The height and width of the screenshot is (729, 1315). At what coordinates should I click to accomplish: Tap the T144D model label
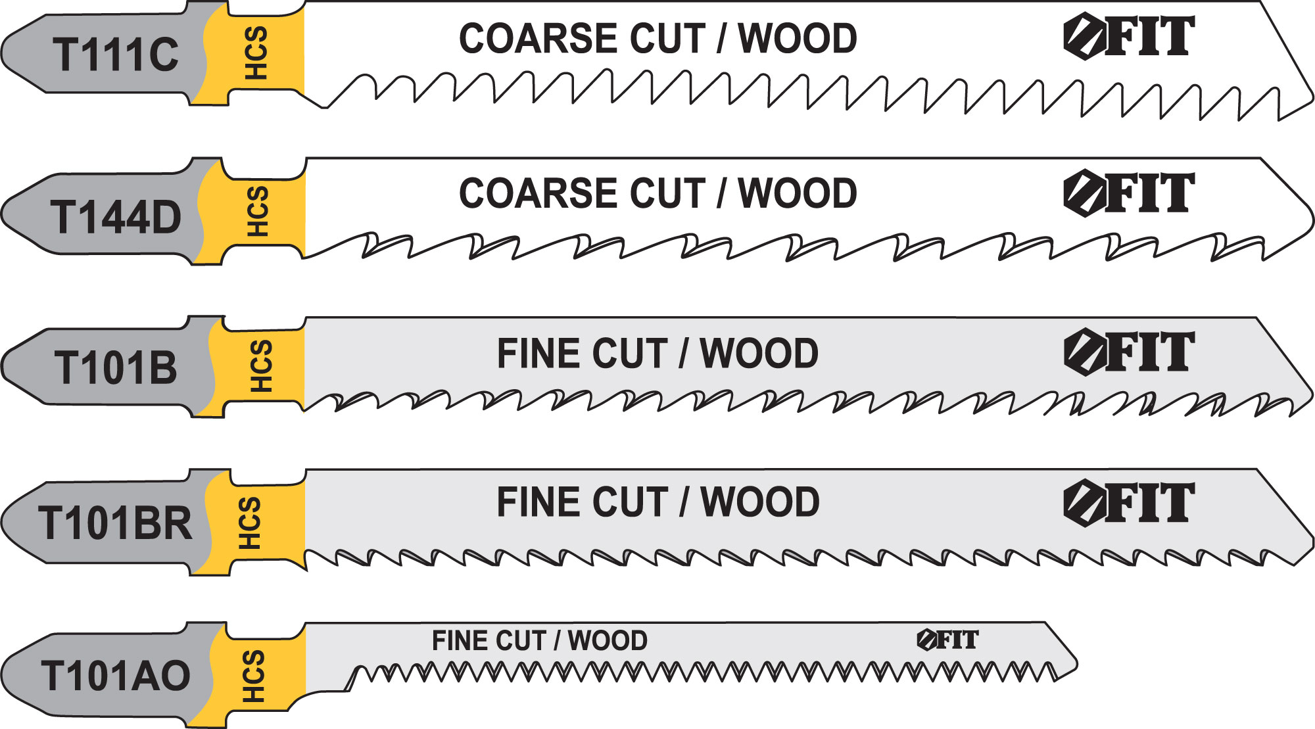click(x=116, y=218)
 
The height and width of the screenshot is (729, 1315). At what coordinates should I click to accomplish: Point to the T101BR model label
click(x=116, y=523)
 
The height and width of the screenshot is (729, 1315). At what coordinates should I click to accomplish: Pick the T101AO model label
click(x=116, y=676)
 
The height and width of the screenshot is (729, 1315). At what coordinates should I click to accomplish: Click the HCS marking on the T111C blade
click(x=256, y=53)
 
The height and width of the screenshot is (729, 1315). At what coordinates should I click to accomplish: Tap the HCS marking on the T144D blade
click(x=257, y=211)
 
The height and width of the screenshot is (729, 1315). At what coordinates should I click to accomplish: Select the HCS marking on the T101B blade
click(x=260, y=365)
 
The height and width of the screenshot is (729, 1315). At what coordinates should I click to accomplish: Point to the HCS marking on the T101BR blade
click(x=249, y=523)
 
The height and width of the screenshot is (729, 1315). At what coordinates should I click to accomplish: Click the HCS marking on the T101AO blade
click(x=253, y=676)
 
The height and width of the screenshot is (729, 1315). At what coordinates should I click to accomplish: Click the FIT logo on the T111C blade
click(x=1128, y=37)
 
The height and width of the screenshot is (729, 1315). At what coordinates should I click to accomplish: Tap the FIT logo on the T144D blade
click(x=1128, y=193)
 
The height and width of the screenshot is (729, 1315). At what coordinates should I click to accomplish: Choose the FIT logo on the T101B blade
click(x=1128, y=352)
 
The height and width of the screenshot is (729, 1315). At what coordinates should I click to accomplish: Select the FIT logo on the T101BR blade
click(x=1128, y=504)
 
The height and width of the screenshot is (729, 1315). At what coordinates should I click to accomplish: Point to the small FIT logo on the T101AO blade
click(x=947, y=640)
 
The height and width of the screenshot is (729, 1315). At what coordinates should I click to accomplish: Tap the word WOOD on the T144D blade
click(x=798, y=193)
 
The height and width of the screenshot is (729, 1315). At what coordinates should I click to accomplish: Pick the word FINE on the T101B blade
click(x=535, y=354)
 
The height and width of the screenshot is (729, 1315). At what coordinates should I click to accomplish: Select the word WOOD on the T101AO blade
click(x=608, y=640)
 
